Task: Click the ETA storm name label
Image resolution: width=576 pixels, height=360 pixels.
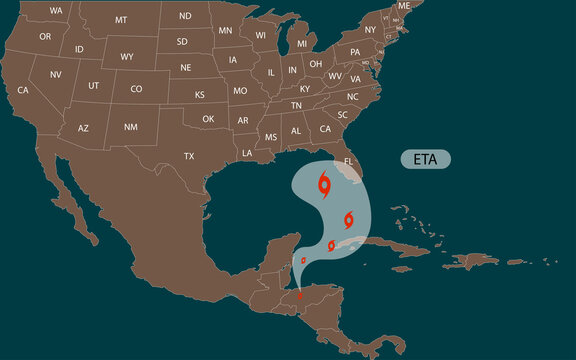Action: pyautogui.click(x=425, y=159)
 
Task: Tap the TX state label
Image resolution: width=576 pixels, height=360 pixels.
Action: pyautogui.click(x=189, y=156)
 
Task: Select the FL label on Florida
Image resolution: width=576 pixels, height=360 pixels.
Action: pyautogui.click(x=349, y=161)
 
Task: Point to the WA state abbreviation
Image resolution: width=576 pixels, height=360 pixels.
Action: pyautogui.click(x=56, y=10)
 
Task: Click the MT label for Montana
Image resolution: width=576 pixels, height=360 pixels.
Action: pyautogui.click(x=121, y=20)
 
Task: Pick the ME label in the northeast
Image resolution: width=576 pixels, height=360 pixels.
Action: pyautogui.click(x=404, y=6)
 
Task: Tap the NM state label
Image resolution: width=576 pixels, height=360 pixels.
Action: pyautogui.click(x=131, y=127)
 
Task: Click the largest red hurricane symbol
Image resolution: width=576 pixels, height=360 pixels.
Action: pyautogui.click(x=325, y=184)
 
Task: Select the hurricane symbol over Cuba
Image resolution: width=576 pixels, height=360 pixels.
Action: pyautogui.click(x=331, y=245)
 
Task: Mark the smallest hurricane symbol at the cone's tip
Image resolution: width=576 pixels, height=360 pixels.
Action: pyautogui.click(x=299, y=294)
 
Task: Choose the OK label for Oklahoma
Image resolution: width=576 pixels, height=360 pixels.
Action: pyautogui.click(x=208, y=119)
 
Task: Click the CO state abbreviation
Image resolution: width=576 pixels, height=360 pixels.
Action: pyautogui.click(x=136, y=89)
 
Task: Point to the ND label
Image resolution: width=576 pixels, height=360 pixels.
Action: pyautogui.click(x=185, y=16)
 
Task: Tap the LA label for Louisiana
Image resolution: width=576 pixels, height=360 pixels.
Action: pyautogui.click(x=247, y=153)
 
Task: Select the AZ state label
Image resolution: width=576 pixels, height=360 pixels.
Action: pyautogui.click(x=83, y=128)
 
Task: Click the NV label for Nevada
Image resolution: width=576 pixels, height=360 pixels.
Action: pyautogui.click(x=55, y=75)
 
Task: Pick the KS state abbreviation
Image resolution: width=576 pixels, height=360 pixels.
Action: pyautogui.click(x=199, y=95)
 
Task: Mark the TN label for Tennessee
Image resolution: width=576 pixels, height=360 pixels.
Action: pyautogui.click(x=296, y=105)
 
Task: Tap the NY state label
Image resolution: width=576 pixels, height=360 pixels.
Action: pyautogui.click(x=370, y=30)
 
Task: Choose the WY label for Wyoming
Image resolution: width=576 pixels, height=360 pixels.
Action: pyautogui.click(x=127, y=57)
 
